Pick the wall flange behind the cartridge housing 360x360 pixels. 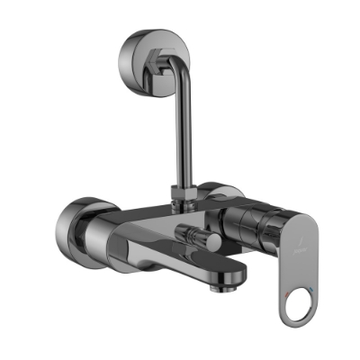[x=216, y=193]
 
